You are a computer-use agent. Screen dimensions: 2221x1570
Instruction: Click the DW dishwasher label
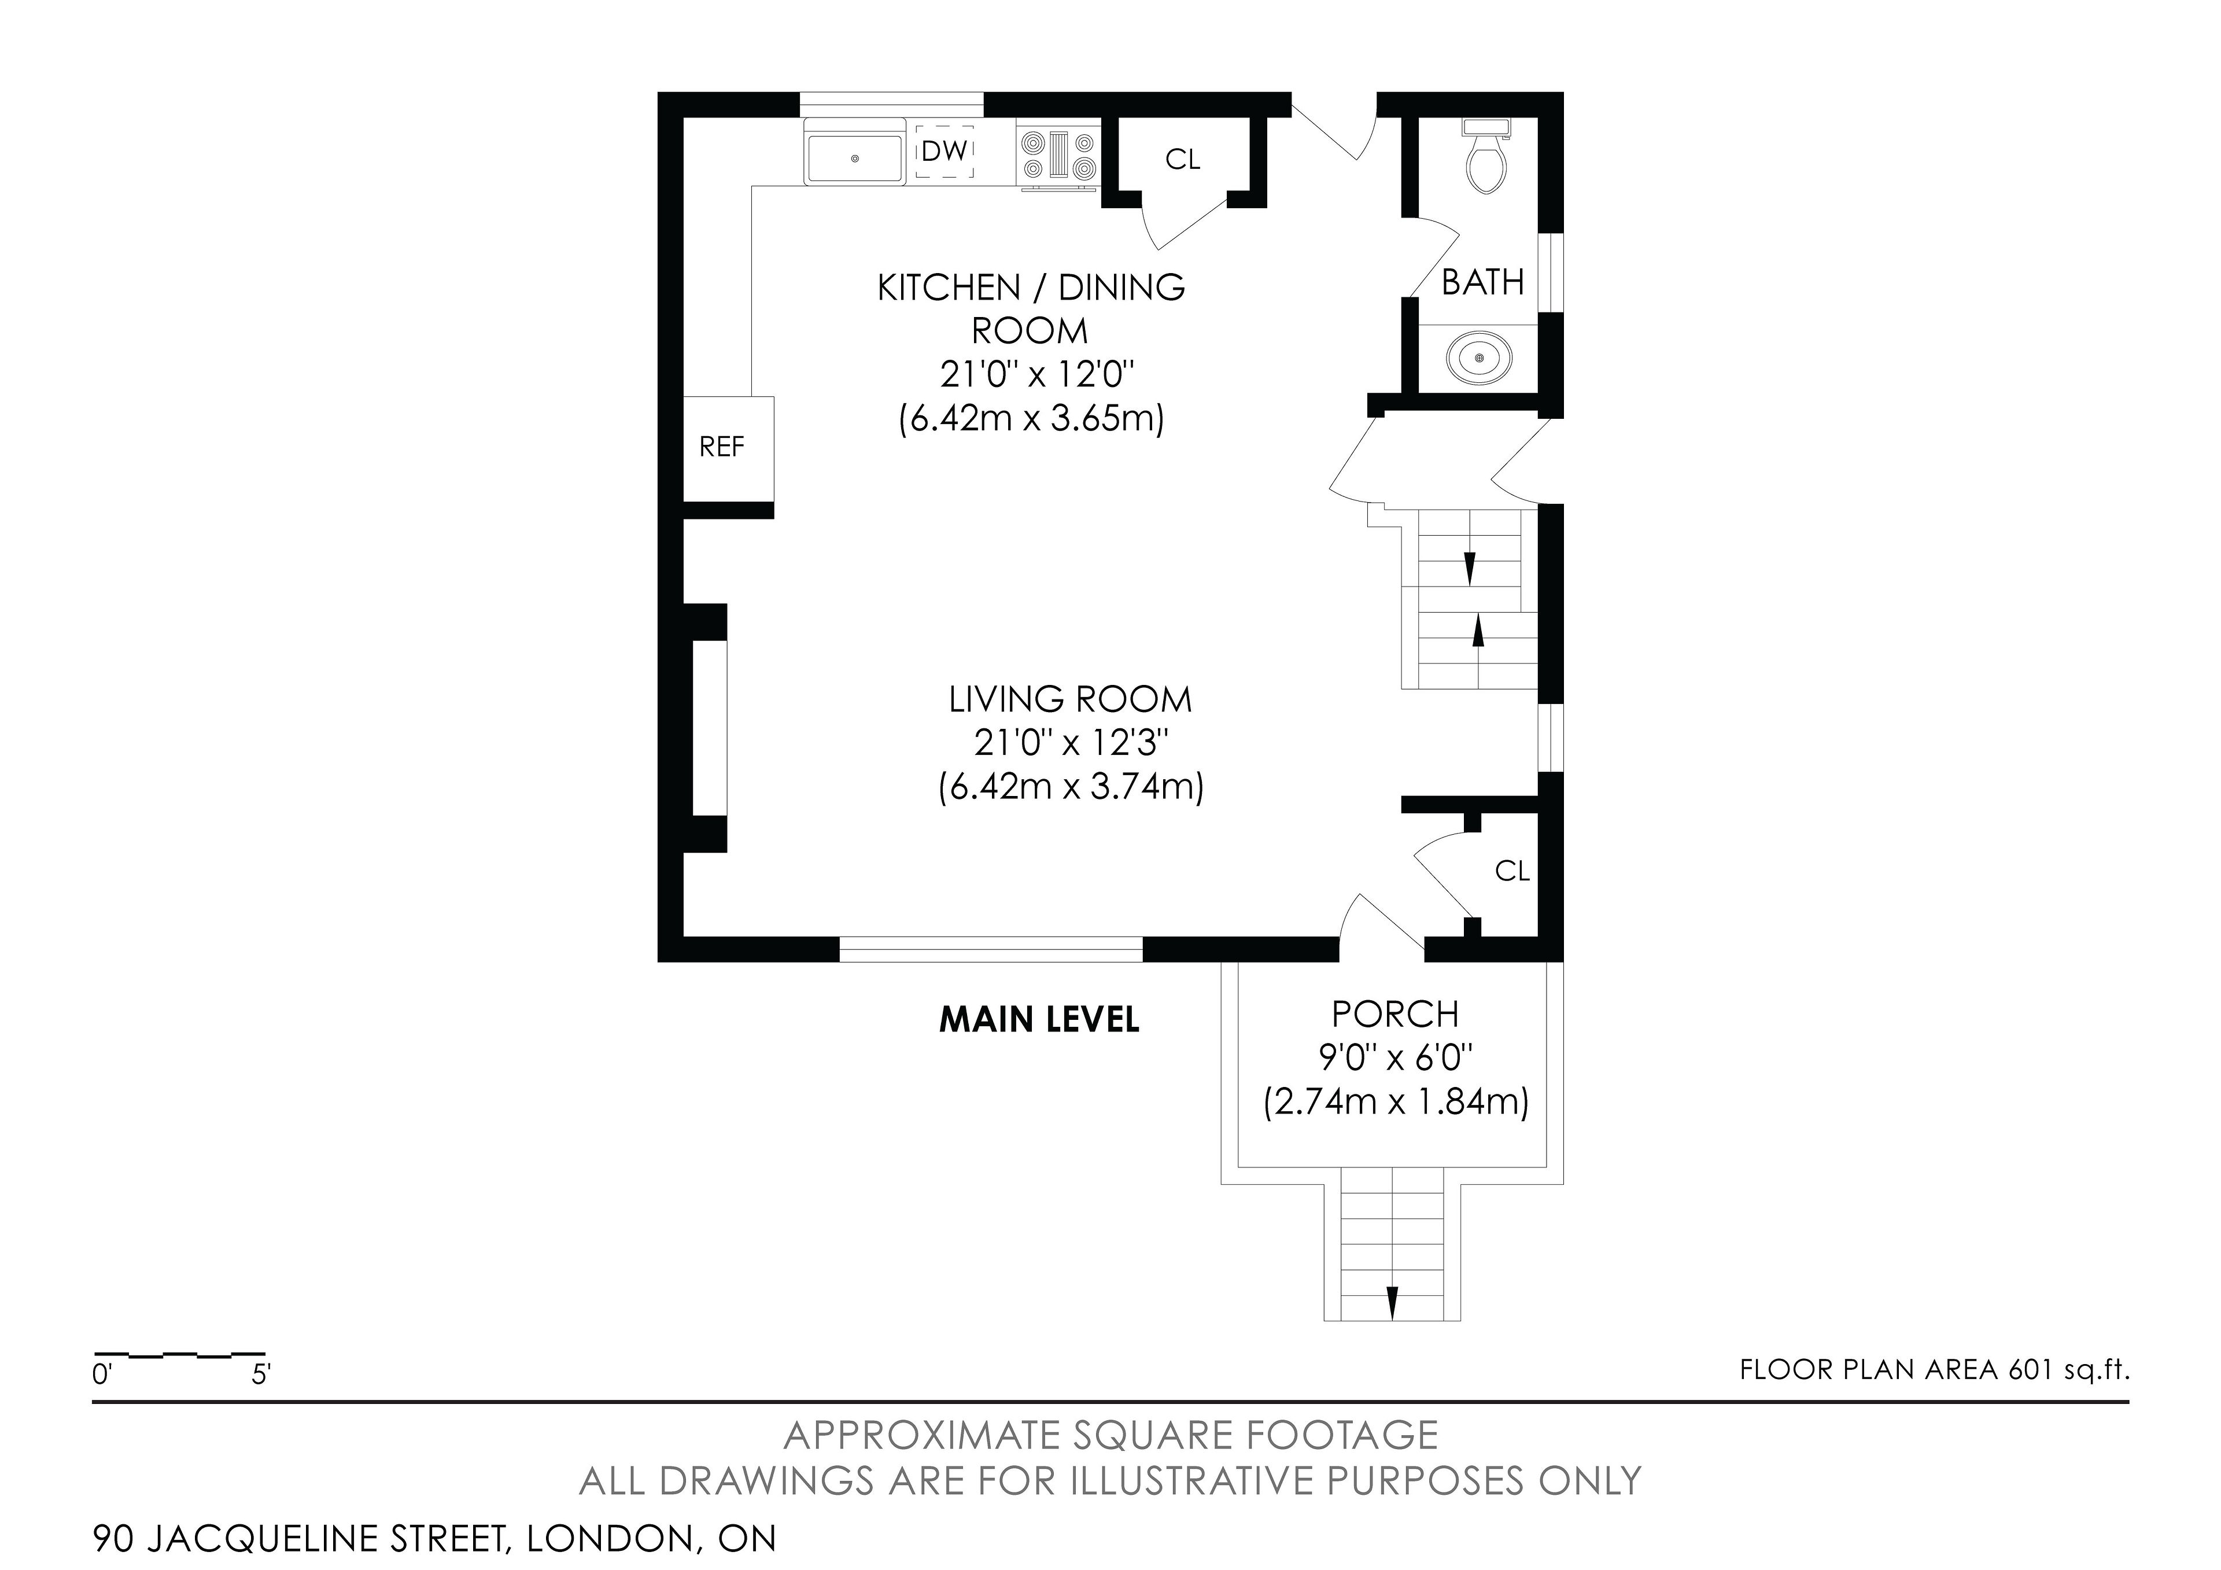pos(944,151)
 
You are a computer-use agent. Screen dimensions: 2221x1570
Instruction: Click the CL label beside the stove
pos(1182,160)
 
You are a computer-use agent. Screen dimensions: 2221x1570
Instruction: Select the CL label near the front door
pos(1512,872)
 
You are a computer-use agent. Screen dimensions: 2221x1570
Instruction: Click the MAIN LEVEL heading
pos(1039,1020)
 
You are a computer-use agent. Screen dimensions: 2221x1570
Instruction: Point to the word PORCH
pos(1395,1014)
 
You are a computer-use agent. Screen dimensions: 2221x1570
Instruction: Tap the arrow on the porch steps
pos(1392,1302)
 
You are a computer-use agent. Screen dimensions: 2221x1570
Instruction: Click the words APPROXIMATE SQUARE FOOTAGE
pos(1110,1436)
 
